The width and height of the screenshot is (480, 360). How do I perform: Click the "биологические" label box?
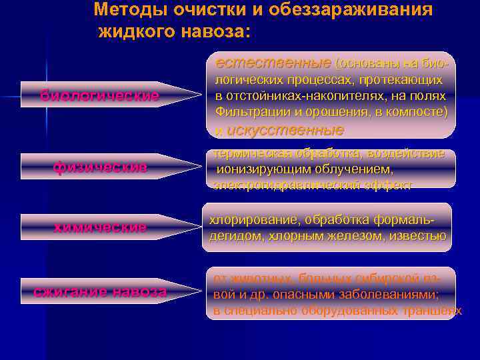point(99,96)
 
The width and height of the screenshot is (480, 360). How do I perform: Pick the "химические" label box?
point(100,227)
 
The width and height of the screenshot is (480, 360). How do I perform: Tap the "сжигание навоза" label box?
point(100,291)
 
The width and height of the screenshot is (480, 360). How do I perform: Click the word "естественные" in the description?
point(273,63)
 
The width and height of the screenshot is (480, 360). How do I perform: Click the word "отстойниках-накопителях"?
point(297,95)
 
